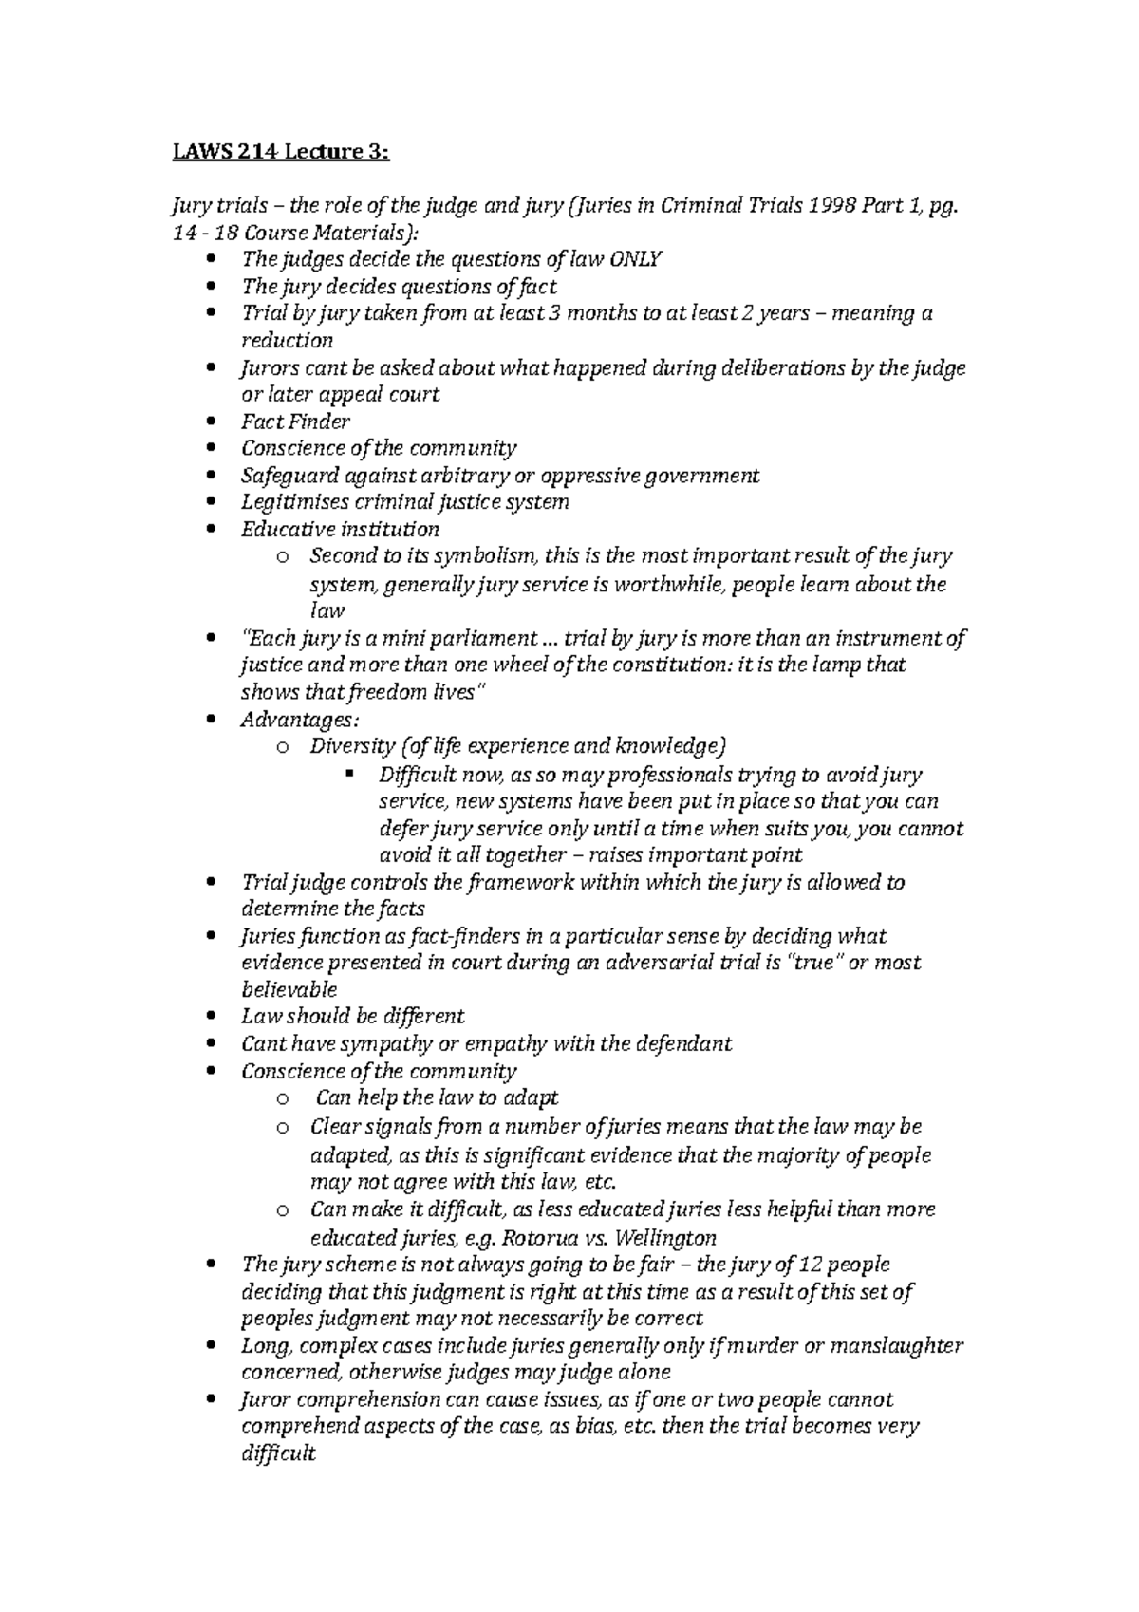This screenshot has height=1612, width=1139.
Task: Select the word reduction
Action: [x=287, y=340]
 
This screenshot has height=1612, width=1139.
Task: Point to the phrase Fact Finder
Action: [x=295, y=421]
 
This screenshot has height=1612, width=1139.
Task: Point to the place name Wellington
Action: [x=665, y=1238]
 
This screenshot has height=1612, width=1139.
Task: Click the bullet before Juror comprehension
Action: [x=211, y=1400]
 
